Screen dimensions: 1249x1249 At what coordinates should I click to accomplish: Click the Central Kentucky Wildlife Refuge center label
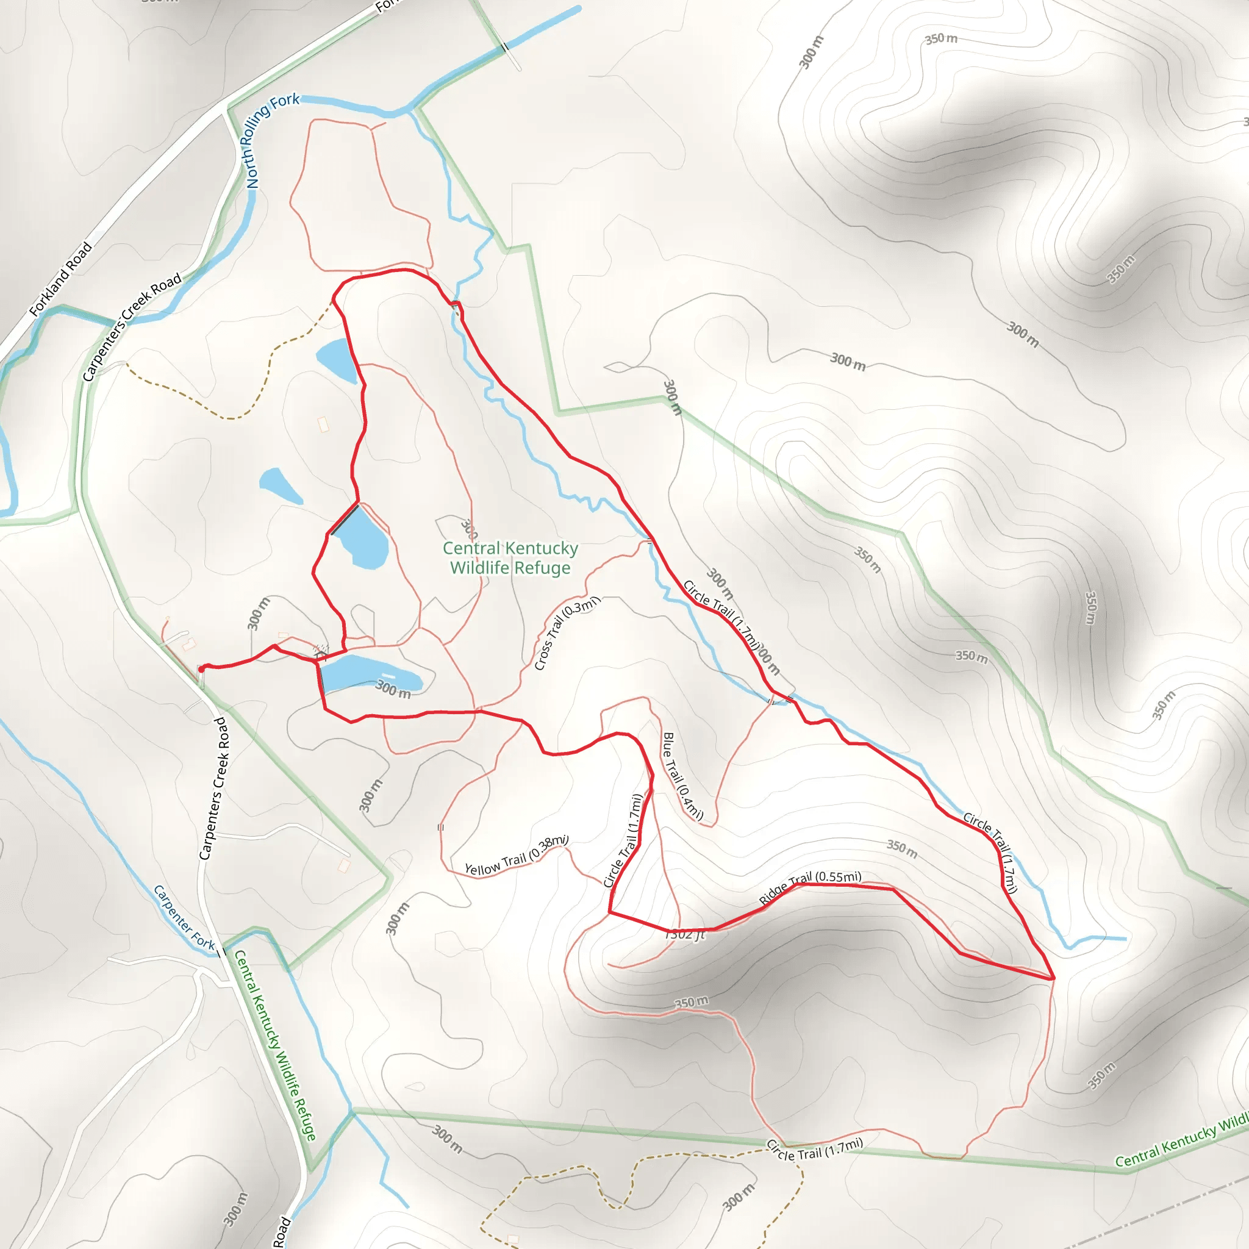(x=510, y=558)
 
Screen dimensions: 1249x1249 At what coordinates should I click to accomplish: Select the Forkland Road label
(x=62, y=279)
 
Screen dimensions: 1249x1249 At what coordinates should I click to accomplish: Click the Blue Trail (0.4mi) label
(x=682, y=776)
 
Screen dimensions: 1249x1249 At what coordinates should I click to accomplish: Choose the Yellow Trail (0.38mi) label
(x=516, y=857)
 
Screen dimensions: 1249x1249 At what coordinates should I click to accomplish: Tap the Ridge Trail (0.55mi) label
(x=809, y=887)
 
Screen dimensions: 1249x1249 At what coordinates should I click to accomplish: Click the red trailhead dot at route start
(x=202, y=669)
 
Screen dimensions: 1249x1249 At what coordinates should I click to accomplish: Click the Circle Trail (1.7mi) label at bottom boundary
(x=815, y=1150)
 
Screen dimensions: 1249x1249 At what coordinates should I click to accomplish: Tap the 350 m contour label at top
(x=940, y=39)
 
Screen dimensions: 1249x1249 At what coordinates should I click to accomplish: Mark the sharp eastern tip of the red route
(x=1053, y=979)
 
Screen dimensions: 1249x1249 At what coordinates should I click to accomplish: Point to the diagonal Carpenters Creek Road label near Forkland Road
(x=132, y=327)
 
